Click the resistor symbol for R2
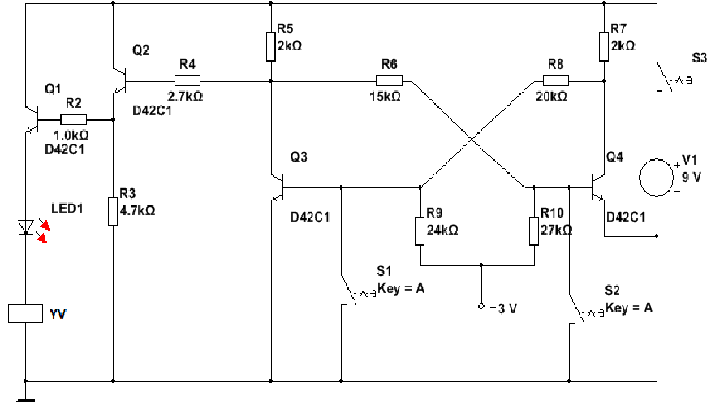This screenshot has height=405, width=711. pos(73,119)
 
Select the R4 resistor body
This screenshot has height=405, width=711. pos(187,80)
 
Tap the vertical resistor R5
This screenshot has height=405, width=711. pos(270,47)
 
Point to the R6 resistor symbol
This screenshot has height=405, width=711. pos(389,80)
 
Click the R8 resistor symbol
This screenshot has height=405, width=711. pos(556,80)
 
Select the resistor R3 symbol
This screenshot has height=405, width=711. pos(112,210)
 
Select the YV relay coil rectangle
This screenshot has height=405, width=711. pos(24,313)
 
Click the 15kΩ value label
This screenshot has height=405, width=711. pos(386,96)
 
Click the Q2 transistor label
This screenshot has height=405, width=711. pos(141,50)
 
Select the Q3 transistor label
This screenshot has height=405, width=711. pos(299,157)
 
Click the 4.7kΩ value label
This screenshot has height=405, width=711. pos(137,209)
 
